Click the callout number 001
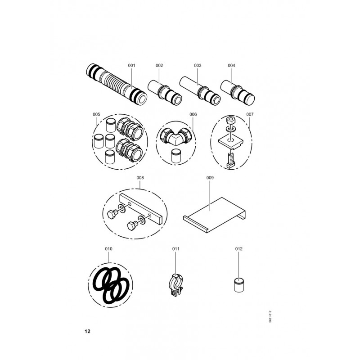[x=131, y=65]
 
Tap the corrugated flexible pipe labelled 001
[x=117, y=84]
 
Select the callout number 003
[x=198, y=65]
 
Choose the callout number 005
[x=96, y=114]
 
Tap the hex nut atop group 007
[x=230, y=120]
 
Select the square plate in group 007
[x=230, y=142]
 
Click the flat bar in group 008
[x=141, y=209]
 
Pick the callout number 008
[x=140, y=178]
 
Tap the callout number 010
[x=108, y=249]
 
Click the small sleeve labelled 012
[x=239, y=285]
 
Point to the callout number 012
[x=239, y=249]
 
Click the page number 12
[x=87, y=331]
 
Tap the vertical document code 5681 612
[x=270, y=317]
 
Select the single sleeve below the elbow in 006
[x=176, y=156]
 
